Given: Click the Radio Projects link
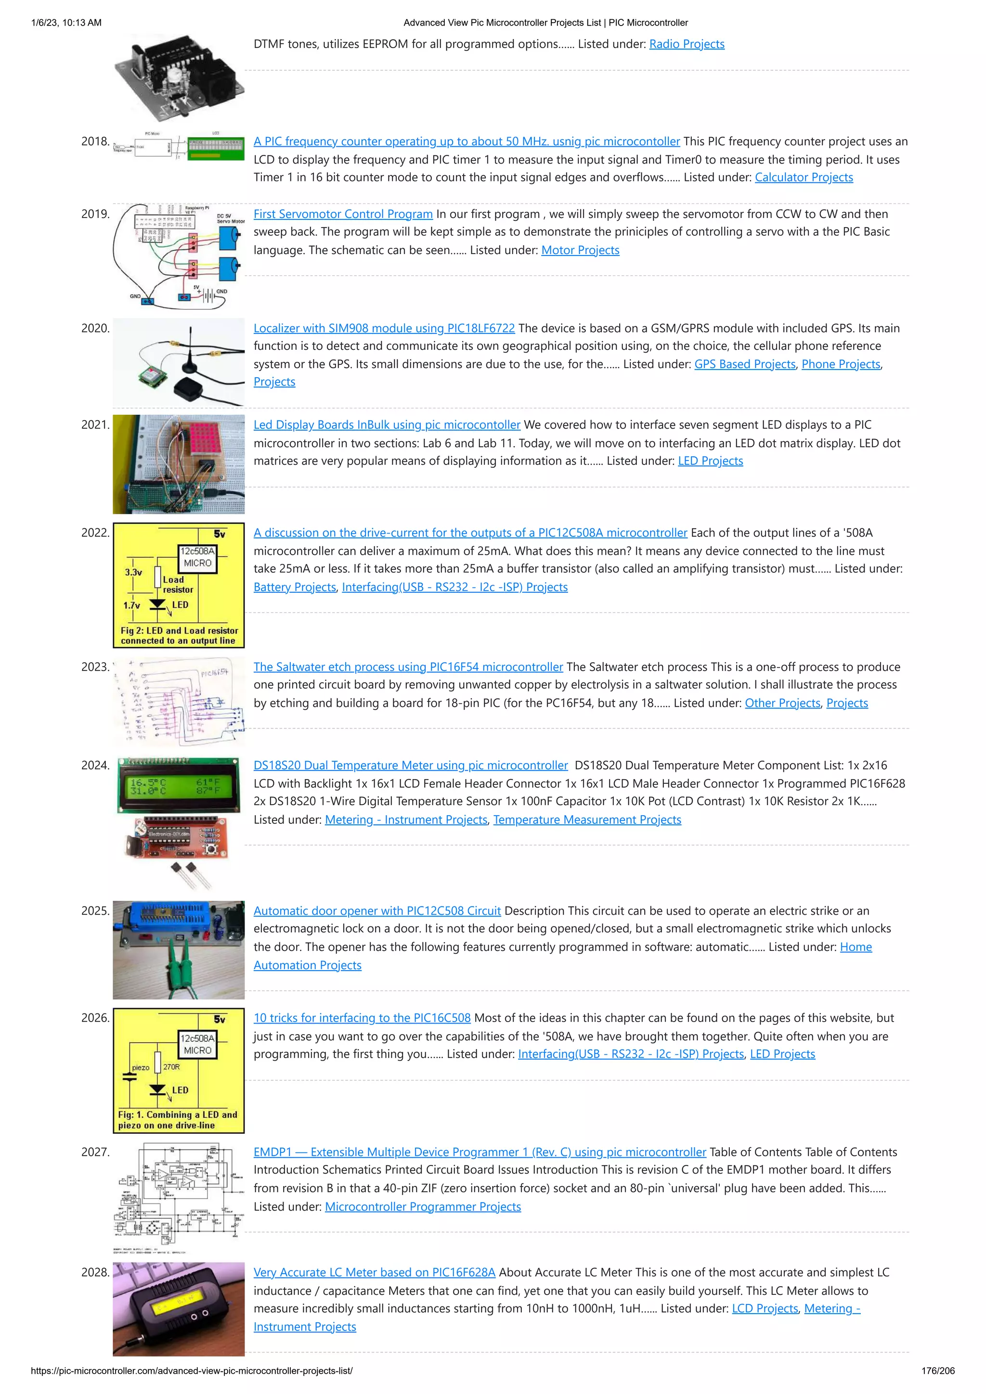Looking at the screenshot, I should [x=687, y=44].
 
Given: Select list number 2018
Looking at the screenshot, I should [x=95, y=141].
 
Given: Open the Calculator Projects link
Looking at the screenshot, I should [x=803, y=177].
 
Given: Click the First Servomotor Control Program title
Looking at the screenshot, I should [x=343, y=214].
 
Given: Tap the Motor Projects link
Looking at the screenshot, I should [x=580, y=250].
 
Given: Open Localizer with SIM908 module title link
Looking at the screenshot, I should [x=384, y=329].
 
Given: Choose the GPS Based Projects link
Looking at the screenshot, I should [x=744, y=364].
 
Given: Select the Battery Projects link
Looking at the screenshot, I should [x=295, y=587].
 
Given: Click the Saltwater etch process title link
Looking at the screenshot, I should [x=408, y=667].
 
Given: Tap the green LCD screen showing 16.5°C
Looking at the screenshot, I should [x=178, y=786].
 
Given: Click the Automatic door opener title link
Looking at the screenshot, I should [x=376, y=911].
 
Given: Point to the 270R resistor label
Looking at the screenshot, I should [x=171, y=1067].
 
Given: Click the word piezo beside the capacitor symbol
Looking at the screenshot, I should [x=140, y=1067].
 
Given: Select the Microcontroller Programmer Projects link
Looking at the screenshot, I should [x=423, y=1206].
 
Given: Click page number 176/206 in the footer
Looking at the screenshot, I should [x=937, y=1371].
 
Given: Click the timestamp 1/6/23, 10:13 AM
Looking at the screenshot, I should [x=66, y=23].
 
